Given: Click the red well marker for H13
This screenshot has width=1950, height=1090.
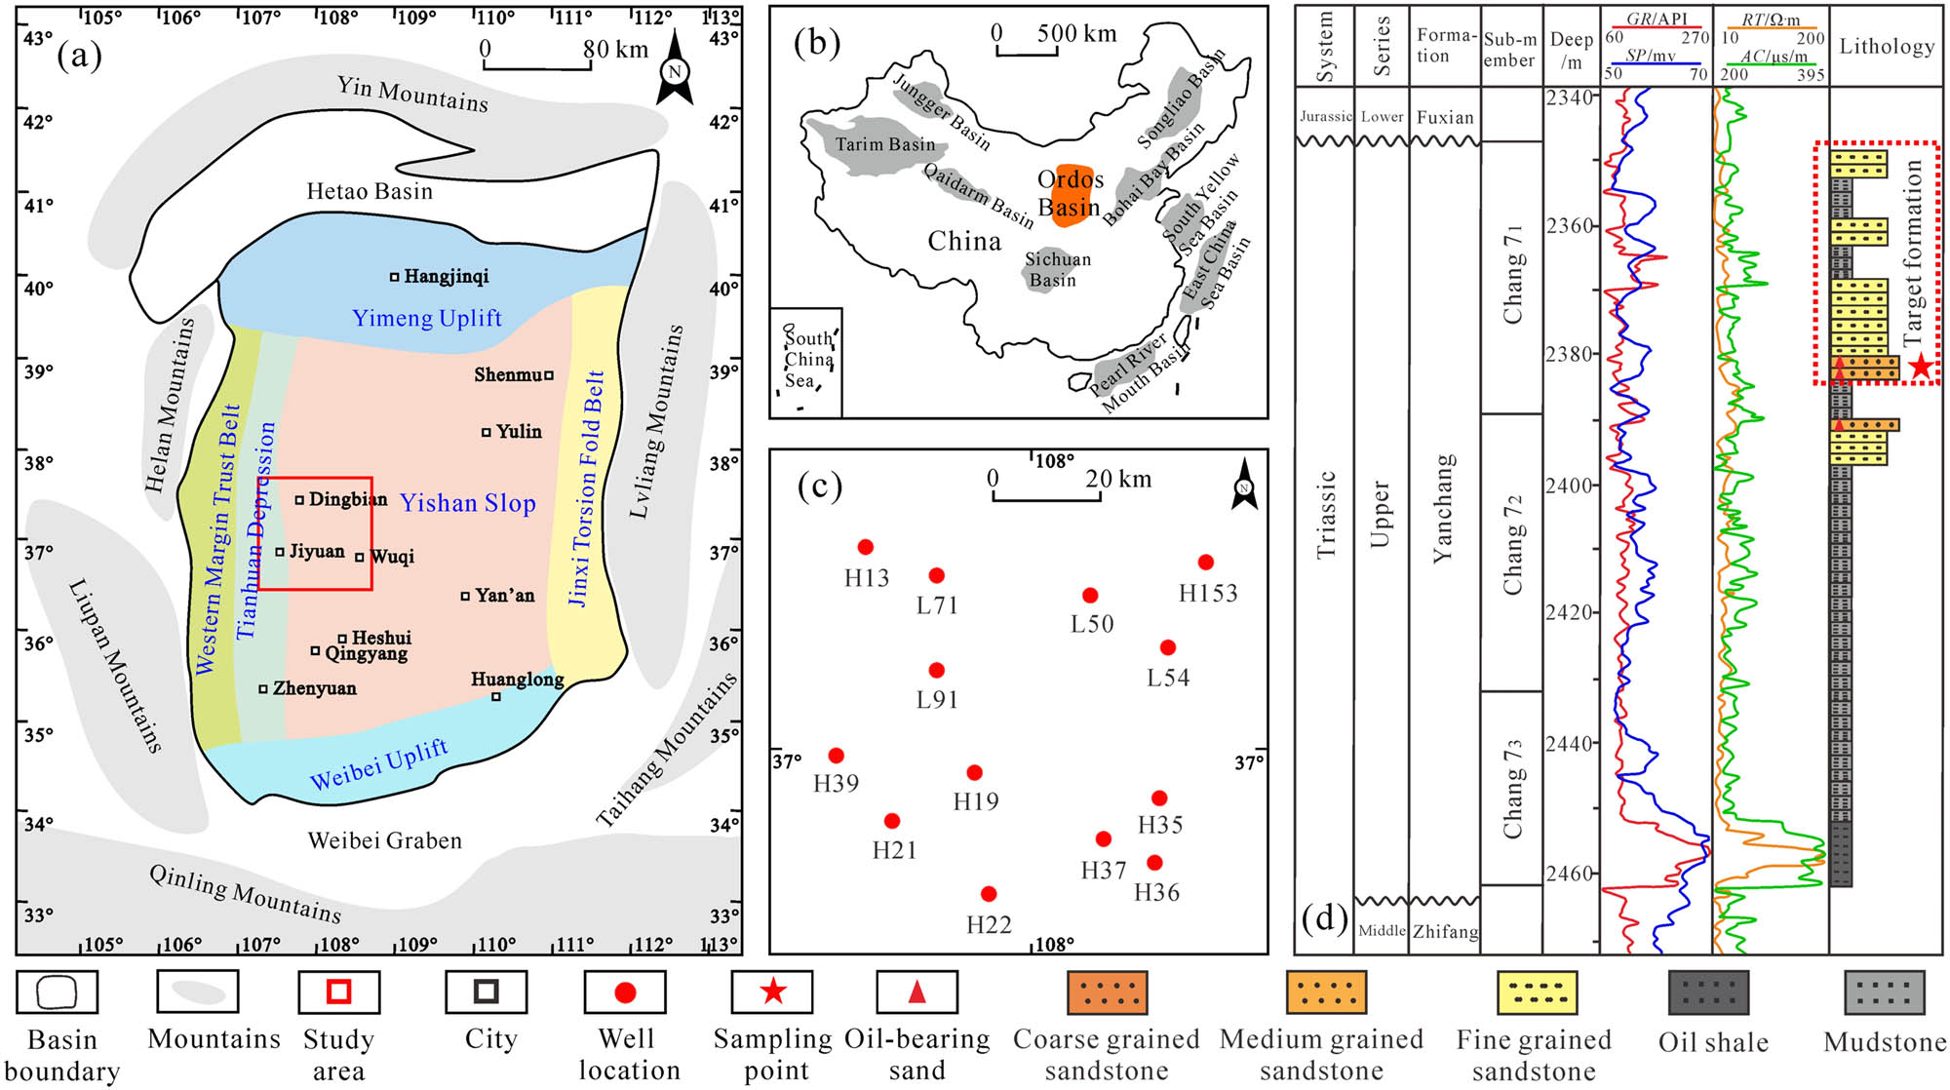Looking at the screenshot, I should pyautogui.click(x=865, y=547).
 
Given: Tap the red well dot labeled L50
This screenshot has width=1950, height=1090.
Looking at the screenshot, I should pyautogui.click(x=1090, y=595).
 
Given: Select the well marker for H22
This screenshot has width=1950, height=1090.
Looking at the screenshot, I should pyautogui.click(x=989, y=894).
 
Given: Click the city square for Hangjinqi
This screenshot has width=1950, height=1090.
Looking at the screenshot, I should pyautogui.click(x=395, y=277).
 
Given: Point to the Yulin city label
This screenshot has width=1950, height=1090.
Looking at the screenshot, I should pyautogui.click(x=518, y=431).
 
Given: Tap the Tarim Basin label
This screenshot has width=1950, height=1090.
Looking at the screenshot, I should pyautogui.click(x=884, y=144).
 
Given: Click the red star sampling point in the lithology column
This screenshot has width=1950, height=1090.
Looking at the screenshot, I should pyautogui.click(x=1920, y=367).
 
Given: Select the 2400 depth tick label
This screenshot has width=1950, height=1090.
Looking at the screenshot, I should pyautogui.click(x=1570, y=485).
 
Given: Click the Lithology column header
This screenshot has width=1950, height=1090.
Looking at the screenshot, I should pyautogui.click(x=1886, y=46).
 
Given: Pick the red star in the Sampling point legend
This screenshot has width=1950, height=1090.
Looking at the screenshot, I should pyautogui.click(x=773, y=992).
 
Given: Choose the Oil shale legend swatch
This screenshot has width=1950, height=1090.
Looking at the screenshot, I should pyautogui.click(x=1708, y=992).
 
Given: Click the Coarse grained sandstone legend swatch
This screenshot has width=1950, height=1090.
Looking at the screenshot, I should pyautogui.click(x=1107, y=992).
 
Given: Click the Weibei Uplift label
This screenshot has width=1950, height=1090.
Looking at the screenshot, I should pyautogui.click(x=379, y=764).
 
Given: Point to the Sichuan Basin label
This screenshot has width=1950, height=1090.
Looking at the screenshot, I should pyautogui.click(x=1057, y=269).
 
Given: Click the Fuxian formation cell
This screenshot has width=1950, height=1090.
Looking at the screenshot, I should pyautogui.click(x=1445, y=117).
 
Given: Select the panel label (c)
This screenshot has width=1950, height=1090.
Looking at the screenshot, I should pyautogui.click(x=818, y=485).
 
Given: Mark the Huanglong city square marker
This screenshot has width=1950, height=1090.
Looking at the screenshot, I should pyautogui.click(x=496, y=696).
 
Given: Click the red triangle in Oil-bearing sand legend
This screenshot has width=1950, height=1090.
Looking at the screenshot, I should pyautogui.click(x=916, y=992).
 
